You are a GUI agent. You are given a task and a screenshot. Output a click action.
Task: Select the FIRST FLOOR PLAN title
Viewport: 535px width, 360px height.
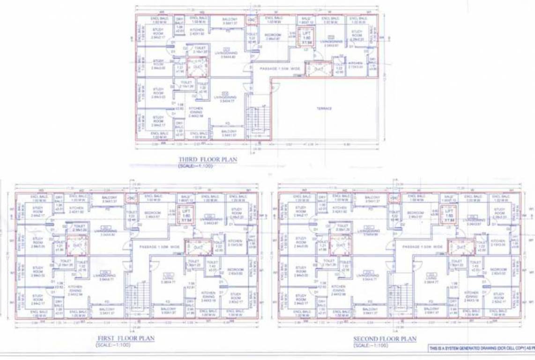(x=126, y=338)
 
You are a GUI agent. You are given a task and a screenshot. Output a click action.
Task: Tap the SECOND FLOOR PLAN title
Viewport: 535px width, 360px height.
(x=385, y=338)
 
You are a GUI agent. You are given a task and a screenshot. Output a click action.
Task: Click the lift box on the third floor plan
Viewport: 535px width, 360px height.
(x=306, y=37)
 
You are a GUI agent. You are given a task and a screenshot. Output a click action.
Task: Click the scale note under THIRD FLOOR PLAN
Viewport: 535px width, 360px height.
(x=195, y=166)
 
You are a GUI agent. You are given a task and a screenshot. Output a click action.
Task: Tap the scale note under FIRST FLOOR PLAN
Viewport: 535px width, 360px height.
(x=113, y=345)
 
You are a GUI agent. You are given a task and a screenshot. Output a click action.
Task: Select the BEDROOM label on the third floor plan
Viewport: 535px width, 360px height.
(x=272, y=37)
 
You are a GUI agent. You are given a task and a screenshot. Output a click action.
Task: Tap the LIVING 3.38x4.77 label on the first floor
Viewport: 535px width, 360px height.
(x=168, y=280)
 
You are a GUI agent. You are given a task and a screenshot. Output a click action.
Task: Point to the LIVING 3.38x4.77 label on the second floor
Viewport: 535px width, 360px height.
(x=431, y=280)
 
